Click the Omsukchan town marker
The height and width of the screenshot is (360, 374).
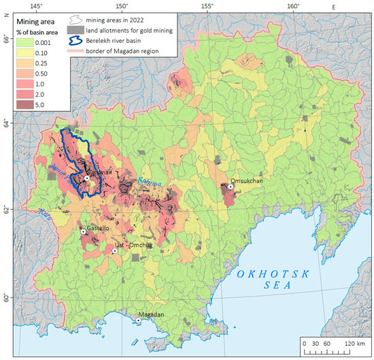(231, 186)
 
